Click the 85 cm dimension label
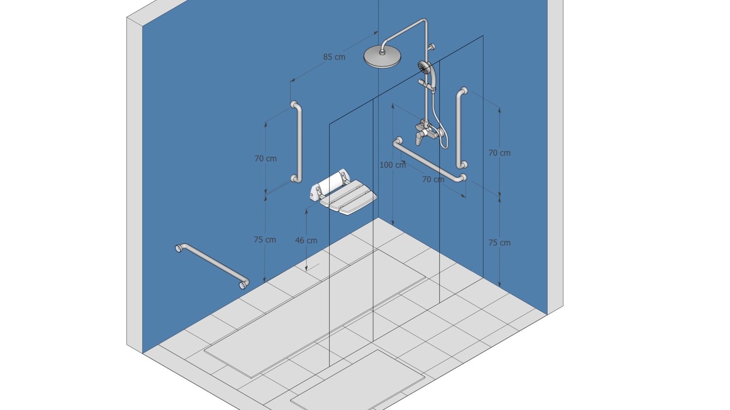[334, 57]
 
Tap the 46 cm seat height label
[306, 241]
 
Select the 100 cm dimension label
[393, 165]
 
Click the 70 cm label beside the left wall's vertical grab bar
[266, 159]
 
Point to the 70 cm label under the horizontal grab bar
[433, 180]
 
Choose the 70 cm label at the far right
[499, 153]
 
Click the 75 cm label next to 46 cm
[265, 240]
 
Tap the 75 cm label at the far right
[499, 243]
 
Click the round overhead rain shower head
[382, 57]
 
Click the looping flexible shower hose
[440, 124]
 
